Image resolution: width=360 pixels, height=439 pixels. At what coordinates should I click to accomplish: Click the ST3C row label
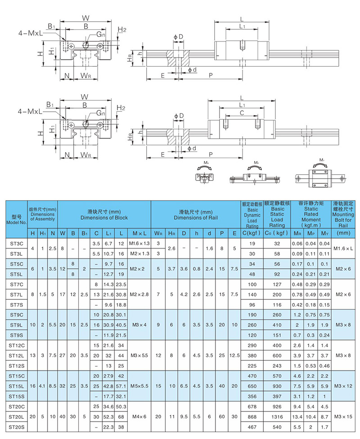[16, 244]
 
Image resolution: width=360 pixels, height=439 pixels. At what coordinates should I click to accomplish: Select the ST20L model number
[16, 416]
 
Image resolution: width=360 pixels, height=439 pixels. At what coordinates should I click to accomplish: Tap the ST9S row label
[16, 335]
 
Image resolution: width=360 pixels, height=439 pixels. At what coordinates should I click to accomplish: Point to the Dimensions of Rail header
[195, 215]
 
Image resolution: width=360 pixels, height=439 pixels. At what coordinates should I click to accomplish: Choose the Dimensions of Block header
[104, 215]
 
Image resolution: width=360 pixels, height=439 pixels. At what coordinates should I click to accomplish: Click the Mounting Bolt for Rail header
[346, 215]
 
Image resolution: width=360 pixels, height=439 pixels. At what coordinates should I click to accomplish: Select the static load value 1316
[277, 416]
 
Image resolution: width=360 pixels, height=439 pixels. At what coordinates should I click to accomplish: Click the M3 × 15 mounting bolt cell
[346, 416]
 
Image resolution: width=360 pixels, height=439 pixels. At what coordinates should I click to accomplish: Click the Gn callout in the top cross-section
[100, 35]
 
